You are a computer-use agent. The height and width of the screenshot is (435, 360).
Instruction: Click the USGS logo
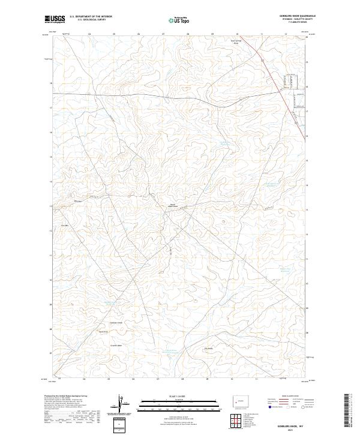[x=55, y=20]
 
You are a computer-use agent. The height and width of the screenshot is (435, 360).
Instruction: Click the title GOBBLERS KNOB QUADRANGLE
[x=298, y=16]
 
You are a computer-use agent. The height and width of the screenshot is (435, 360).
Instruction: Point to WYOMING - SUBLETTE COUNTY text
[x=298, y=19]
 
